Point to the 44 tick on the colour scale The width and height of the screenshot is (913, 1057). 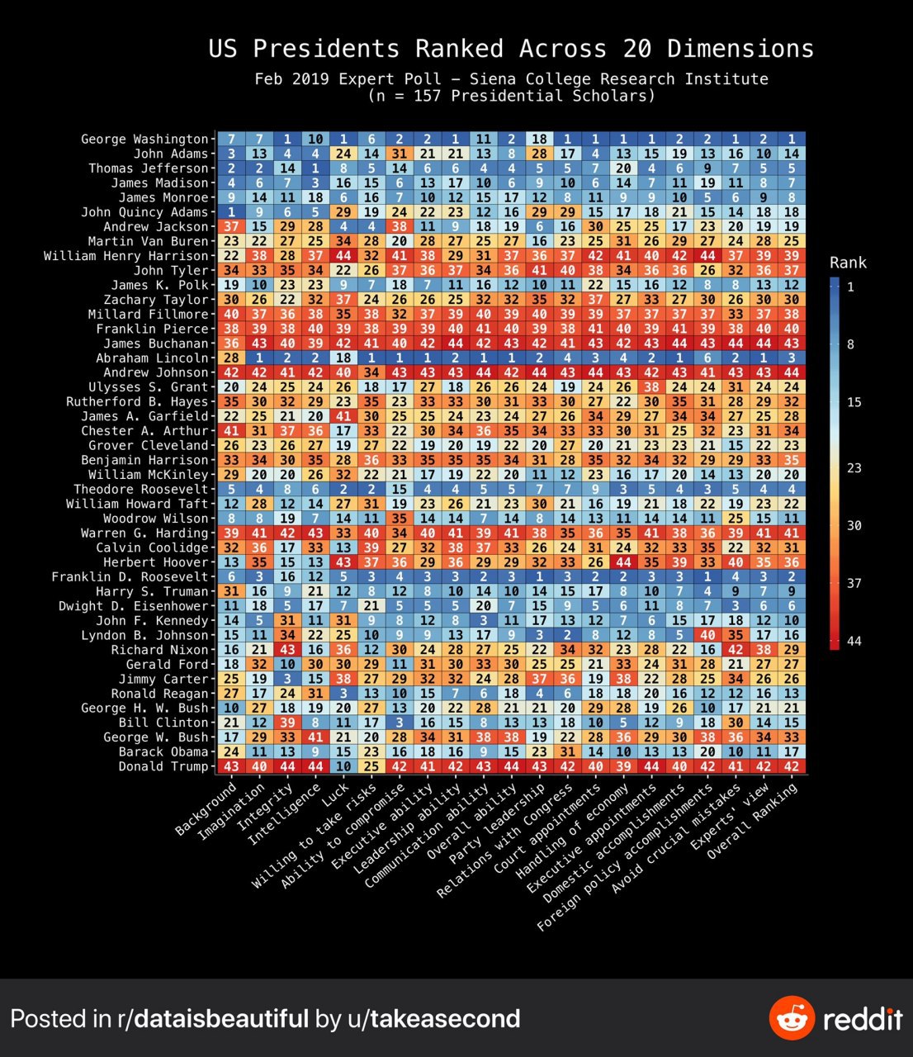click(854, 642)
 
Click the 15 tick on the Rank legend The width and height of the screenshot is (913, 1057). click(854, 402)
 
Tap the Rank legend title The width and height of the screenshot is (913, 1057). click(848, 263)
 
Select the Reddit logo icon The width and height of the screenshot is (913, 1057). click(792, 1018)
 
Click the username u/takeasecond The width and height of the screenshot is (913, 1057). click(445, 1018)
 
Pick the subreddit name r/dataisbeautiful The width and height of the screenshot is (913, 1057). click(210, 1018)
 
